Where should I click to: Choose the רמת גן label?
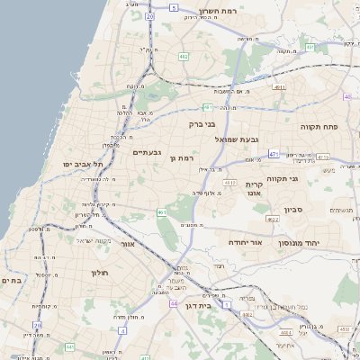(x=182, y=158)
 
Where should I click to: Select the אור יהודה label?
(x=243, y=243)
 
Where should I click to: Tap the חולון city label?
(x=99, y=272)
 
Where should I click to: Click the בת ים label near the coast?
(x=11, y=280)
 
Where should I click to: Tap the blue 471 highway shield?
(x=274, y=154)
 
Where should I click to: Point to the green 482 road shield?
(x=183, y=57)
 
